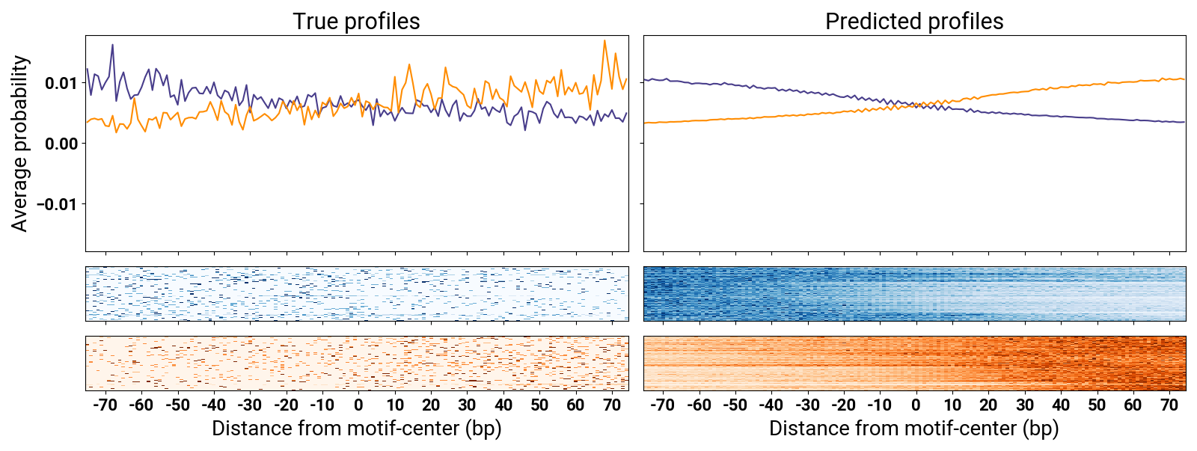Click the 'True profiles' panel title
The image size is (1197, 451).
pyautogui.click(x=356, y=21)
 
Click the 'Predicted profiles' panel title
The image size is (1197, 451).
pyautogui.click(x=914, y=21)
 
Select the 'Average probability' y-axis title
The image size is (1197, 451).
pyautogui.click(x=19, y=144)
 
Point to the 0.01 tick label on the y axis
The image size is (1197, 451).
pyautogui.click(x=61, y=83)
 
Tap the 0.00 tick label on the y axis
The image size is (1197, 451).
pyautogui.click(x=61, y=144)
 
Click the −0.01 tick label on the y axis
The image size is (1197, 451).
pyautogui.click(x=57, y=204)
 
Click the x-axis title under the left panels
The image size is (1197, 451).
pyautogui.click(x=356, y=429)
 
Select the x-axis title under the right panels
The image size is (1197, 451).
pyautogui.click(x=914, y=429)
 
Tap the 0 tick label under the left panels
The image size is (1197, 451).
pyautogui.click(x=358, y=405)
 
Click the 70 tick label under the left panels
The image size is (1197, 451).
pyautogui.click(x=612, y=405)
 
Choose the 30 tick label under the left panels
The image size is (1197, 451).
pyautogui.click(x=467, y=405)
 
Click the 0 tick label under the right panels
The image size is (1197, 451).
pyautogui.click(x=916, y=405)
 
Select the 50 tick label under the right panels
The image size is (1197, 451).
pyautogui.click(x=1097, y=405)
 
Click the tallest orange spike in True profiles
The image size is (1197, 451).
pyautogui.click(x=604, y=41)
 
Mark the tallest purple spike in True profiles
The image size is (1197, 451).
pyautogui.click(x=112, y=45)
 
